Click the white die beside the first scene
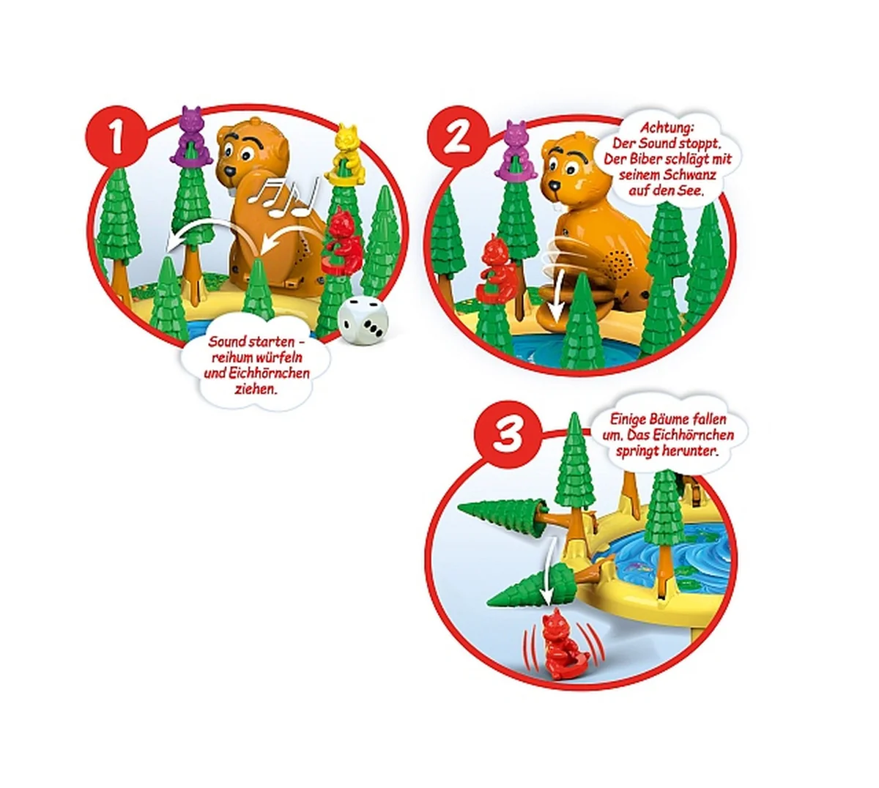(363, 321)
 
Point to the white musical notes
(283, 198)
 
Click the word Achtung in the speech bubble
(667, 128)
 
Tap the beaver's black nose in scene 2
(555, 185)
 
